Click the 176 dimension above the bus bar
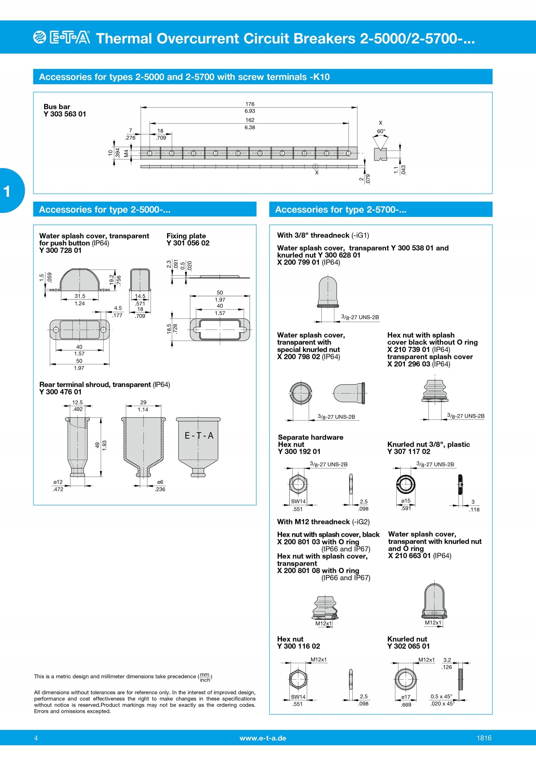[x=250, y=104]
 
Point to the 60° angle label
[x=381, y=131]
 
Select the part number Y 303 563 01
[x=65, y=114]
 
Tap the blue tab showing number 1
[x=10, y=190]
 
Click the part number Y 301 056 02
[x=188, y=243]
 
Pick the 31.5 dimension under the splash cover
[x=80, y=296]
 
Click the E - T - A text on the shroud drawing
[x=199, y=436]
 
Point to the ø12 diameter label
[x=58, y=482]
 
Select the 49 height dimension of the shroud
[x=97, y=445]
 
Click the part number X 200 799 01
[x=298, y=262]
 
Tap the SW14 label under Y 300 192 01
[x=298, y=501]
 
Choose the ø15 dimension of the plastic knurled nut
[x=405, y=501]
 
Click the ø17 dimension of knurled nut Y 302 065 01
[x=405, y=697]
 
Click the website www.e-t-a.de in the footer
[x=263, y=738]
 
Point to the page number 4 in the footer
[x=36, y=738]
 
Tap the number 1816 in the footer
[x=484, y=738]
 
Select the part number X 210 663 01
[x=410, y=556]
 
